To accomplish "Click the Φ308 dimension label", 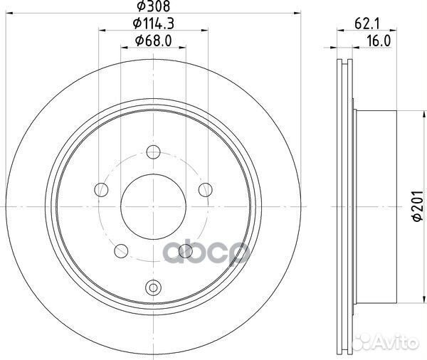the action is (x=154, y=6).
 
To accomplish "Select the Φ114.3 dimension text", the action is (x=153, y=23).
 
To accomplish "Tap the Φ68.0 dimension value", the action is (x=153, y=41).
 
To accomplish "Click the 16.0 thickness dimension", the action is (x=379, y=41).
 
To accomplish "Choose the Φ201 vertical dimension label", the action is (x=418, y=206).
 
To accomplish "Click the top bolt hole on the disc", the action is (x=153, y=152).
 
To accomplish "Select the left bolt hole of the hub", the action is (x=101, y=189).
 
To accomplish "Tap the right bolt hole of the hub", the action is (x=206, y=189).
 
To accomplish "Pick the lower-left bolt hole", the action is (x=121, y=251).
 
